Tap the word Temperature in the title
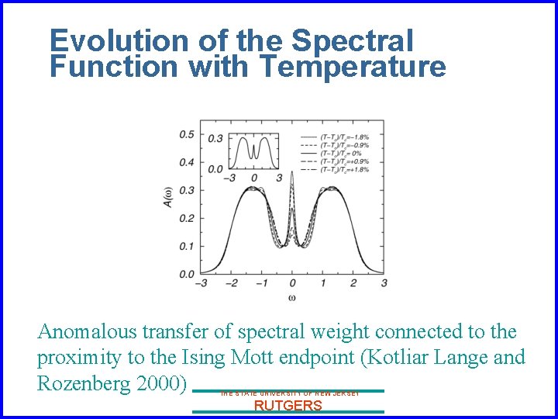(353, 68)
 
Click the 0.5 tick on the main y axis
(187, 135)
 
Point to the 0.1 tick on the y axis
(187, 247)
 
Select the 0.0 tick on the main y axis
(187, 275)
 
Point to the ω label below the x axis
(291, 297)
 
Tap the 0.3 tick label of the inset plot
(215, 139)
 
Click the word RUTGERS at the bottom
(288, 406)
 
